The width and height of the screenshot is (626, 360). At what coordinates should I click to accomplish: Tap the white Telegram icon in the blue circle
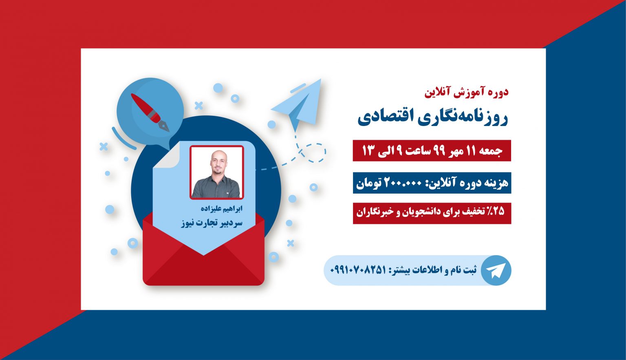[496, 270]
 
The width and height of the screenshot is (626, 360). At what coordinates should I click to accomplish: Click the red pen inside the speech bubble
[150, 112]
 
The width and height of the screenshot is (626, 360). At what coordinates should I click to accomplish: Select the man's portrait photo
[216, 172]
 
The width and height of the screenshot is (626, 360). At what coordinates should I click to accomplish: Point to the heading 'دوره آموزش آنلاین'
[466, 92]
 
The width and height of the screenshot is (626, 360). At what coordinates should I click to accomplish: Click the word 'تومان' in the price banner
[368, 183]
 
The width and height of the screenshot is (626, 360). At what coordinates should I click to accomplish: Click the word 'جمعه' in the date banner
[490, 151]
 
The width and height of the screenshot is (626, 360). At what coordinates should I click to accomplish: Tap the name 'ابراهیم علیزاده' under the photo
[222, 208]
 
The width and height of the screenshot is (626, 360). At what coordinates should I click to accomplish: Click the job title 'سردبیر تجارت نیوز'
[211, 223]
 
